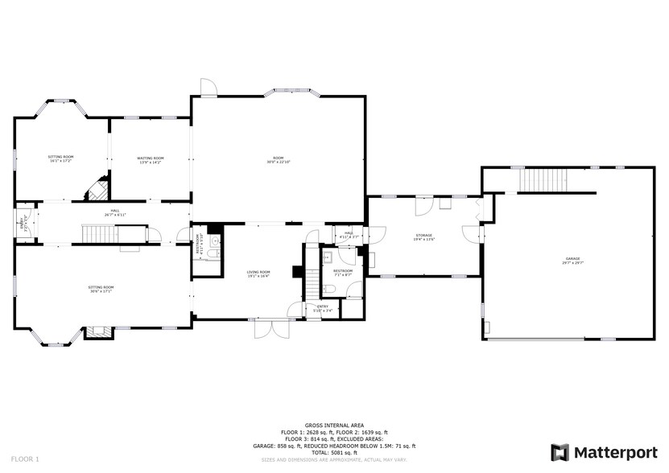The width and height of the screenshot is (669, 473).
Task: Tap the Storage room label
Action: click(423, 236)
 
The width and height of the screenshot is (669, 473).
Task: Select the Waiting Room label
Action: click(151, 158)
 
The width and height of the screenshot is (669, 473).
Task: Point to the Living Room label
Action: click(258, 273)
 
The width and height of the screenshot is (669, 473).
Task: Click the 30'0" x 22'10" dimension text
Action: click(279, 162)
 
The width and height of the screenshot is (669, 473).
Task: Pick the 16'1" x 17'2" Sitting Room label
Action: click(60, 161)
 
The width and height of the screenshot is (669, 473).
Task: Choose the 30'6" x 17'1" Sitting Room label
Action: click(101, 290)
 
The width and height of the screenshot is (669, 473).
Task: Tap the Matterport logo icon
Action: click(560, 452)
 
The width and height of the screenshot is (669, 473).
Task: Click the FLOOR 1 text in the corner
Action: click(25, 459)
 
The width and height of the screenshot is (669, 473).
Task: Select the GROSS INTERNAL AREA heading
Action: click(333, 426)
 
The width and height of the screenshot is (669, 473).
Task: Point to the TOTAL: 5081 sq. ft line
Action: click(333, 453)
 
